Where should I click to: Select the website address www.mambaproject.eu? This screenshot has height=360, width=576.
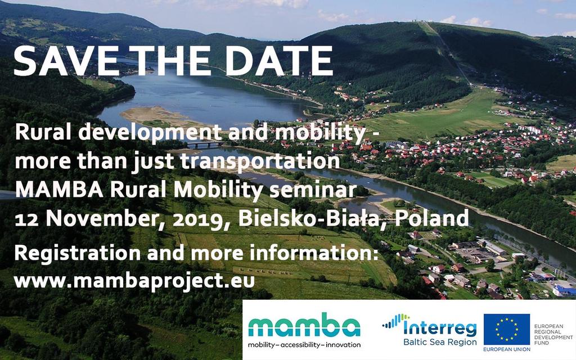(x=134, y=282)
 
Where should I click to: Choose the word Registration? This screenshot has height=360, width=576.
(x=77, y=254)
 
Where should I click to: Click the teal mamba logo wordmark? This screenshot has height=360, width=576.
(x=304, y=325)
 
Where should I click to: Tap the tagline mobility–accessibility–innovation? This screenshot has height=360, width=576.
(x=304, y=345)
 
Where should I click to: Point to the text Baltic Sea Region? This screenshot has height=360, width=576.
(x=440, y=343)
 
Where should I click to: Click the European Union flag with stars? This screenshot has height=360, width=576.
(x=507, y=330)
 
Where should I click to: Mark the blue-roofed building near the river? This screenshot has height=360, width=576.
(x=564, y=291)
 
